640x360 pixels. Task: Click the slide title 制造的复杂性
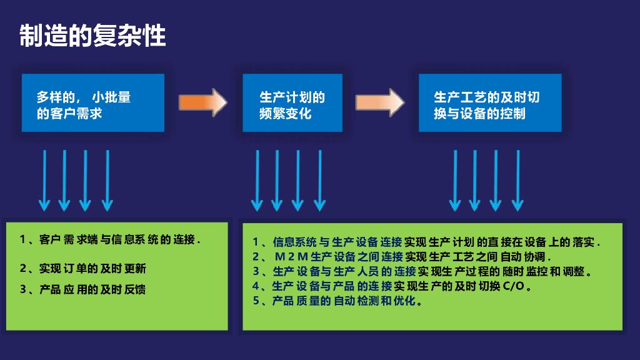click(x=92, y=36)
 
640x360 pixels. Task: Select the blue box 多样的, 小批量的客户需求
click(x=93, y=103)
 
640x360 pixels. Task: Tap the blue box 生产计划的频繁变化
click(x=292, y=103)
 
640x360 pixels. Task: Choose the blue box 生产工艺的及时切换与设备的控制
click(x=490, y=103)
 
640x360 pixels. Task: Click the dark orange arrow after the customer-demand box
click(x=202, y=102)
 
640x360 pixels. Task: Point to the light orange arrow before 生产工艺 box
click(x=380, y=102)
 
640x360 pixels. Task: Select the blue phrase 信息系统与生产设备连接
click(x=337, y=242)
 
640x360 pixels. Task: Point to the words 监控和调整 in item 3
click(x=556, y=271)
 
